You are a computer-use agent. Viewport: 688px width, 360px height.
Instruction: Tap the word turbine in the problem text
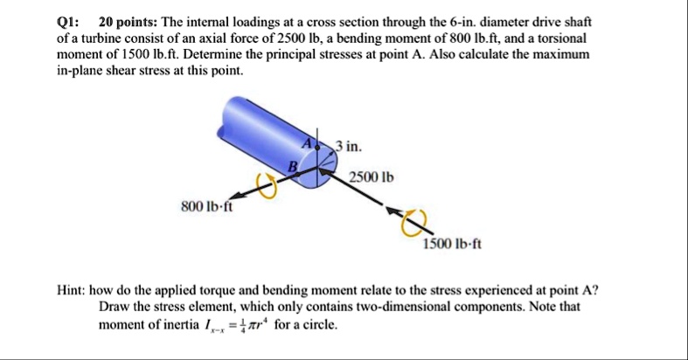point(109,38)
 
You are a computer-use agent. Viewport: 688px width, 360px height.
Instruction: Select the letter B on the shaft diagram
point(295,167)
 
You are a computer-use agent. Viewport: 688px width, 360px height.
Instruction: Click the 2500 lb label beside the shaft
point(372,177)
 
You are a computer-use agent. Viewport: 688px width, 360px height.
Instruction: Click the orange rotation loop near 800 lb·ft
point(268,187)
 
